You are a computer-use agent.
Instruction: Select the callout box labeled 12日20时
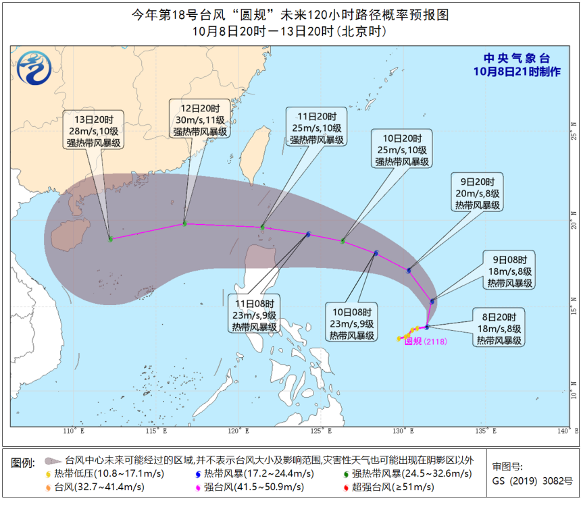pos(195,120)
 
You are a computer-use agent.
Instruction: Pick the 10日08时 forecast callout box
pos(352,323)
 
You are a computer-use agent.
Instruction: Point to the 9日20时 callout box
pos(478,193)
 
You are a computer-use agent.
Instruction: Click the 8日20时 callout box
pos(499,329)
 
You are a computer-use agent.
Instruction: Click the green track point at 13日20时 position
pos(111,239)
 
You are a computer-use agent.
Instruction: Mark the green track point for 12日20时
pos(184,223)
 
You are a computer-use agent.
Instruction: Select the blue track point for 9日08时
pos(432,301)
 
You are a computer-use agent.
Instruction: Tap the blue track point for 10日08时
pos(376,253)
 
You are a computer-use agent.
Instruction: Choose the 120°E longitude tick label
pos(236,430)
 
